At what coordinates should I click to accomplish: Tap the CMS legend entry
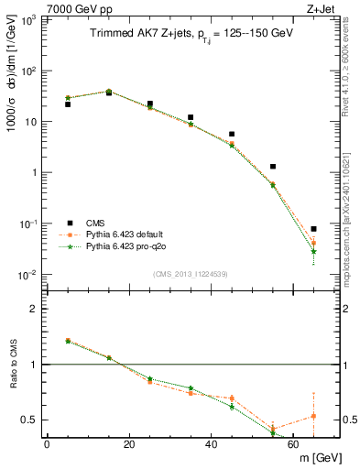tap(95, 223)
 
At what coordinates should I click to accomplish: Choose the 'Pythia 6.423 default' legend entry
tap(127, 234)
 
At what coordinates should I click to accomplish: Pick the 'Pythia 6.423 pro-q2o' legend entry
tap(128, 246)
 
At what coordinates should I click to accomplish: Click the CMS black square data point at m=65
tap(314, 229)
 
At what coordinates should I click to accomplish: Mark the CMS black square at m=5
tap(68, 104)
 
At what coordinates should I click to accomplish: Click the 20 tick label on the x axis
tap(129, 444)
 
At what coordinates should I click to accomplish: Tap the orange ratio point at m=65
tap(314, 416)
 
